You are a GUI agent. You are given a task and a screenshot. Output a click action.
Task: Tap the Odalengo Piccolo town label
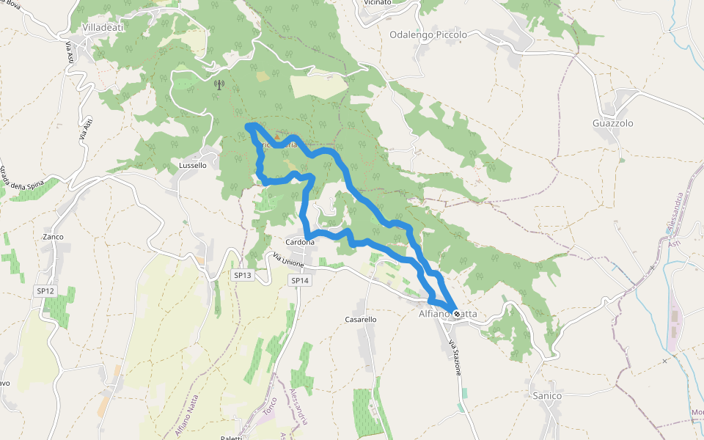428,34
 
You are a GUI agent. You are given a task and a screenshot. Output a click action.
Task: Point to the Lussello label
193,166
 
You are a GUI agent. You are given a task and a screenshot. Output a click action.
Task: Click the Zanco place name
53,237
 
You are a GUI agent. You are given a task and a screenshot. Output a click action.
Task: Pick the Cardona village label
300,242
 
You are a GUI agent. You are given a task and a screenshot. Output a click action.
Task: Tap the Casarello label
361,320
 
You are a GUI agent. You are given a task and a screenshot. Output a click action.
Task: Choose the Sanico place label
547,396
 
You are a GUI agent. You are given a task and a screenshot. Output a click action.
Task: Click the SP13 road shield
242,276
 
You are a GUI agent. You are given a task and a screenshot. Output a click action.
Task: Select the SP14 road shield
300,280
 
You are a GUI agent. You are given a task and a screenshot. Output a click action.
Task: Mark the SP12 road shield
45,291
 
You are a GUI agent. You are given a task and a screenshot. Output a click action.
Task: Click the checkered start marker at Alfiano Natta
457,314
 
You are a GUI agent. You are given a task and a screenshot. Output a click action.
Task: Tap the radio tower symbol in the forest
218,84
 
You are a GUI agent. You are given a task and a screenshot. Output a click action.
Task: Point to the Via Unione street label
288,261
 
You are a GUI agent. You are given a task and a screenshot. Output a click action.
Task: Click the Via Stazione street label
455,359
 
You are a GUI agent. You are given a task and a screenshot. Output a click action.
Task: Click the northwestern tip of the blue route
249,127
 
